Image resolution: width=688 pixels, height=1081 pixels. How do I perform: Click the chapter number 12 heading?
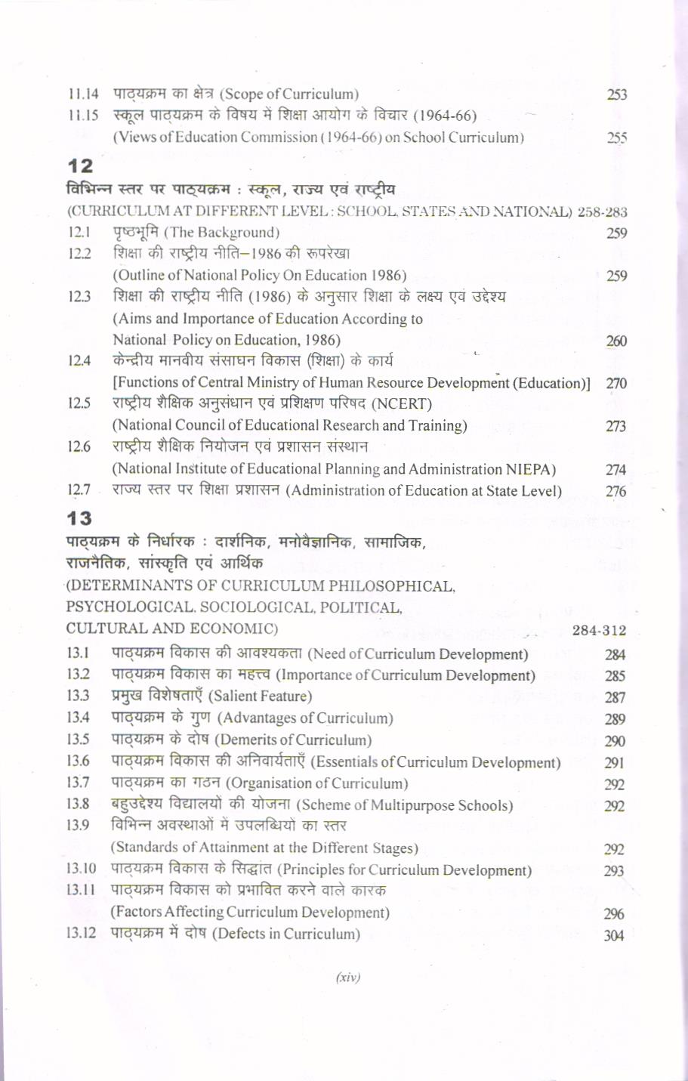pos(80,165)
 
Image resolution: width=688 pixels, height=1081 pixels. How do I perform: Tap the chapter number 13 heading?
pos(79,518)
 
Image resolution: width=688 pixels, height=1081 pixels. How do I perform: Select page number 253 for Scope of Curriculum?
pos(617,95)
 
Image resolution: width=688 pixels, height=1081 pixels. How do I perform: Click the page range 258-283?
pos(602,212)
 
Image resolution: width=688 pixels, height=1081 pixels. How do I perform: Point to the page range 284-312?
pos(599,630)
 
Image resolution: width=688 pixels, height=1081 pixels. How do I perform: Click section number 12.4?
pos(79,361)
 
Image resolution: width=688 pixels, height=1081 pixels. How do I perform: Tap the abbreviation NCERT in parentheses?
pos(407,403)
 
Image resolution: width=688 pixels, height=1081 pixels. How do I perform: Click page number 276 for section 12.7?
pos(615,491)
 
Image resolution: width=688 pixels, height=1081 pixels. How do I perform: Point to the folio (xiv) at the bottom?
pos(348,977)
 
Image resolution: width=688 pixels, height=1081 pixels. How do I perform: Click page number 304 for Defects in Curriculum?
pos(614,935)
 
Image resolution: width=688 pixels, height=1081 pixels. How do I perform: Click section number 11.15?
pos(83,116)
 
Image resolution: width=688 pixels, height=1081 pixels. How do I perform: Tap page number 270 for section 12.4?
pos(615,384)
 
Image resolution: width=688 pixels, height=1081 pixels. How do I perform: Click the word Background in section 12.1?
pos(238,232)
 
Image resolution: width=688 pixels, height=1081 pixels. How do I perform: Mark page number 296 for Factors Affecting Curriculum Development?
pos(614,913)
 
